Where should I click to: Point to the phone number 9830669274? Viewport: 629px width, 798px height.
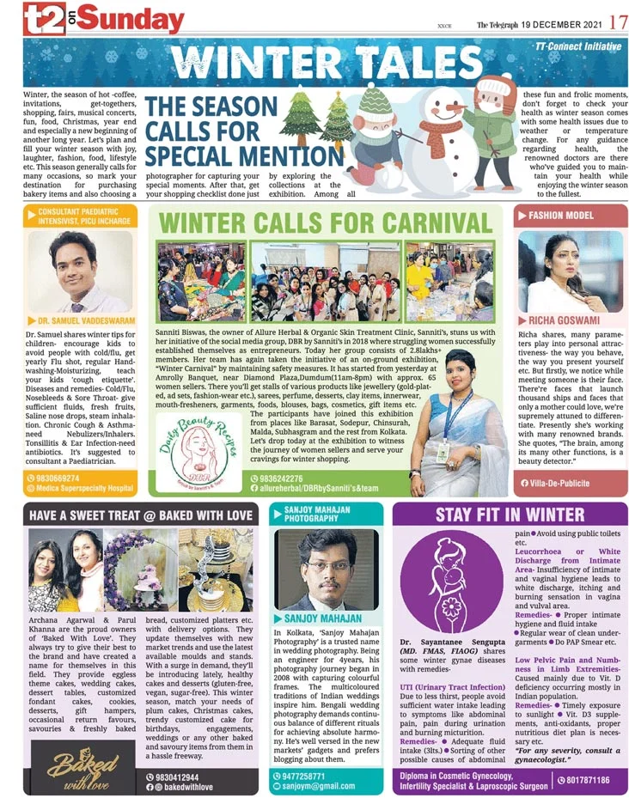pos(59,478)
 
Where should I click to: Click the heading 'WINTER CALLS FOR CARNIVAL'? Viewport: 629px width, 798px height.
pos(328,222)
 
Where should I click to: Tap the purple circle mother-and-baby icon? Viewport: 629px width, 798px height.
pos(452,579)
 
